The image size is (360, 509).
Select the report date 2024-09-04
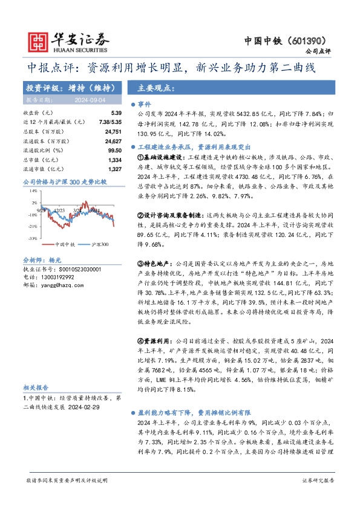(90, 99)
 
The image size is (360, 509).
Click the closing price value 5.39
(117, 113)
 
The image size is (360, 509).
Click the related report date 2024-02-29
(86, 407)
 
